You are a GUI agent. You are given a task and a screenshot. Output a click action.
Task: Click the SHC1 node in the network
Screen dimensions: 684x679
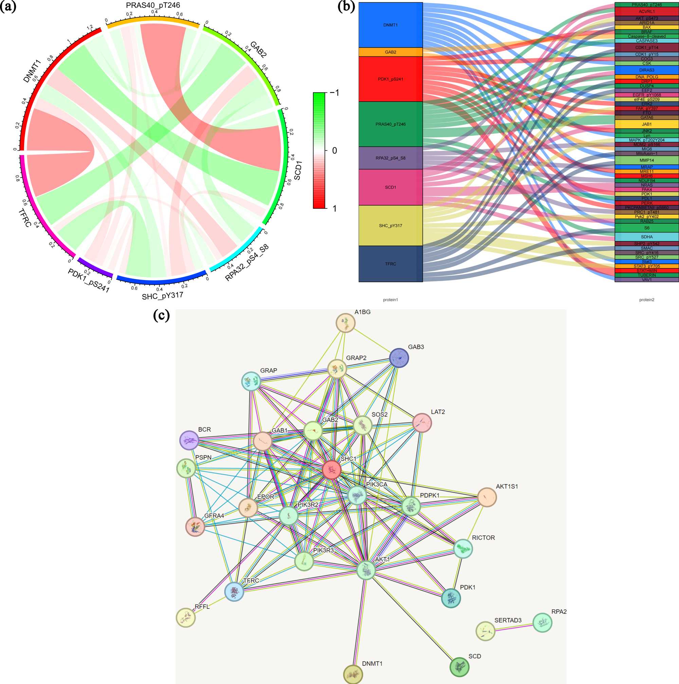332,470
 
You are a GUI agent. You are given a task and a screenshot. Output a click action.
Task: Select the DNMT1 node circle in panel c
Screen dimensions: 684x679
353,674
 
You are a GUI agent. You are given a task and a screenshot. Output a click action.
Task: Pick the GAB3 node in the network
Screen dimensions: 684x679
399,357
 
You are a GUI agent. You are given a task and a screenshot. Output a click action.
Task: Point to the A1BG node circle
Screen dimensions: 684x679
345,322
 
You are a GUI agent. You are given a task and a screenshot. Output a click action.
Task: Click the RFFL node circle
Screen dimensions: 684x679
185,618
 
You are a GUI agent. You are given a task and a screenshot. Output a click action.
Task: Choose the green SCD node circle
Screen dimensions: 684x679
459,667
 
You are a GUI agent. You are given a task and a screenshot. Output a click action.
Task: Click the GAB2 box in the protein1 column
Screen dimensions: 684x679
390,52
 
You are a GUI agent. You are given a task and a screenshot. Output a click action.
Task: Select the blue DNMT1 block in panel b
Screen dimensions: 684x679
390,25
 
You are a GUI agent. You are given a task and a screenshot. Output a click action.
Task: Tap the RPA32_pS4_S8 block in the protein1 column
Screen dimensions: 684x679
390,158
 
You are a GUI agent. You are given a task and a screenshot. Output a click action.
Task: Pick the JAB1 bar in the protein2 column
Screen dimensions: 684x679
646,124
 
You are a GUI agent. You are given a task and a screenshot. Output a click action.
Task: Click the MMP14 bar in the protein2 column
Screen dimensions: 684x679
646,160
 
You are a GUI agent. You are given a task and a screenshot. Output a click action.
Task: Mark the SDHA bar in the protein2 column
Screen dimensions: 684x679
646,237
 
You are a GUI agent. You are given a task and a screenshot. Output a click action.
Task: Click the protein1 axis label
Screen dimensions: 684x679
390,300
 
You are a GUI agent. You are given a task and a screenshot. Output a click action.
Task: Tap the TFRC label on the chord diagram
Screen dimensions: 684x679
25,217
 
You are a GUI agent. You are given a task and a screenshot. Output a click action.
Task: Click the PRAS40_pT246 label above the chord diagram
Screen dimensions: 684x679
153,5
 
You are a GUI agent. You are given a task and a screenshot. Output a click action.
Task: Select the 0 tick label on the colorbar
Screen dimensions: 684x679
334,150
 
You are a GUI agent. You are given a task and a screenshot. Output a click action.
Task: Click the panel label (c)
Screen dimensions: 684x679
161,315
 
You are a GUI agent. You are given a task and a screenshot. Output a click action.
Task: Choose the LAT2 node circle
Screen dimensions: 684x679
422,423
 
